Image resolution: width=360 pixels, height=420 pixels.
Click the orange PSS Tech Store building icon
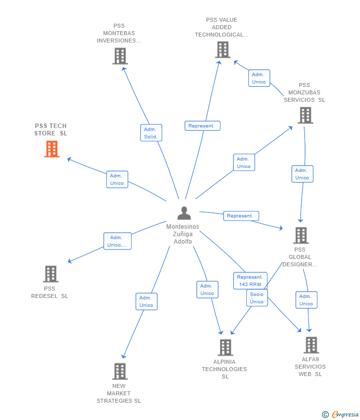click(x=51, y=149)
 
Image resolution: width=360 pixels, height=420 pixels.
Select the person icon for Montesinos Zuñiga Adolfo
click(x=184, y=213)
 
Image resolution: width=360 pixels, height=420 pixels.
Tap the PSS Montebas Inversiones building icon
click(x=120, y=56)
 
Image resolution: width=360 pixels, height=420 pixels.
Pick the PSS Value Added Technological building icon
click(x=223, y=50)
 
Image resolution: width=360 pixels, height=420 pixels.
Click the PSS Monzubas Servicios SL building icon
click(x=306, y=115)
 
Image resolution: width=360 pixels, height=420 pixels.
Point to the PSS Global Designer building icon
click(x=301, y=236)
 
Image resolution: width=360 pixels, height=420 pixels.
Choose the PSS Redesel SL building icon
click(x=50, y=274)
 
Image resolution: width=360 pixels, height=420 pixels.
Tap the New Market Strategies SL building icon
click(x=120, y=371)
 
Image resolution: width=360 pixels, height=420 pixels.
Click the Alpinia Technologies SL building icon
click(x=225, y=347)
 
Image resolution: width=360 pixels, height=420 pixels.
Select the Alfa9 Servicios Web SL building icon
click(x=311, y=345)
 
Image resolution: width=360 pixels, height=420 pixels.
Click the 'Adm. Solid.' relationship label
click(x=151, y=133)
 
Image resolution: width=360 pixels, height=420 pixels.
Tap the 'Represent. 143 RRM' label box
click(x=250, y=281)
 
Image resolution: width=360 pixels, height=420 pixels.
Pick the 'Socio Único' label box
click(x=257, y=298)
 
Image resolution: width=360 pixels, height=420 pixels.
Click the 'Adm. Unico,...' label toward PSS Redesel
click(x=117, y=241)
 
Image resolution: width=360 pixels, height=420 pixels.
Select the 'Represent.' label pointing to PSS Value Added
click(x=202, y=126)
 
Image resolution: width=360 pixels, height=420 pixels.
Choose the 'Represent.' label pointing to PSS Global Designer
click(x=241, y=216)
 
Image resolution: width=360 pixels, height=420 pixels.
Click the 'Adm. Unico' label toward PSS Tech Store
click(x=117, y=179)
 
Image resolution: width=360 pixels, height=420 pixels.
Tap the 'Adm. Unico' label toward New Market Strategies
click(x=146, y=301)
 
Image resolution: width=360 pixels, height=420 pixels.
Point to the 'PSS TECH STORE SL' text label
click(x=50, y=129)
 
